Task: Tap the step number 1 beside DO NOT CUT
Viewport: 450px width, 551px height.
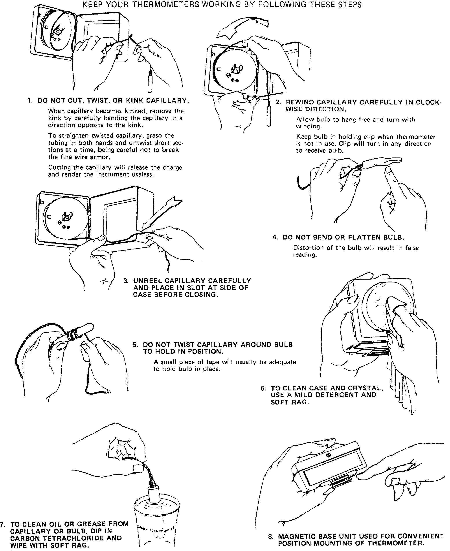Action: click(x=29, y=101)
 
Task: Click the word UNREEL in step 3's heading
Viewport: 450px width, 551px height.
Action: click(x=147, y=280)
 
